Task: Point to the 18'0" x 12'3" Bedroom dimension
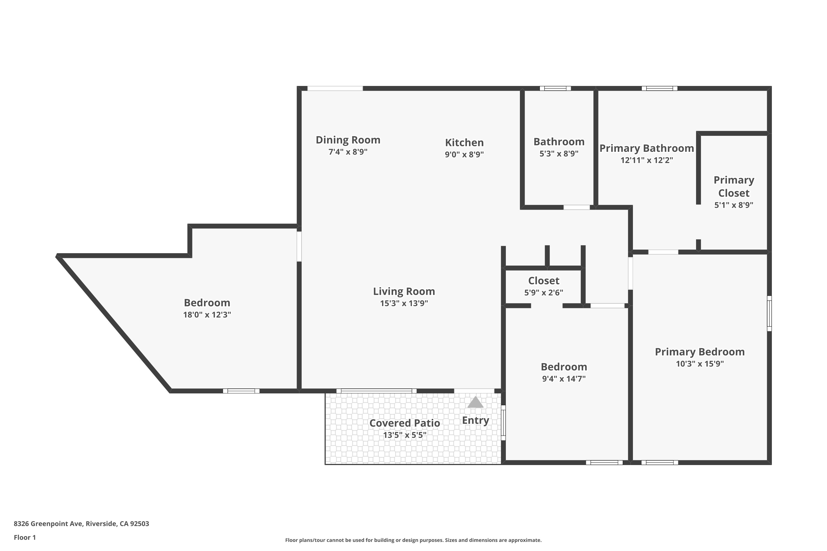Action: tap(207, 315)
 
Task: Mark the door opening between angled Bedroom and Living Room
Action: tap(299, 246)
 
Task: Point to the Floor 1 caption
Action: tap(25, 537)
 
